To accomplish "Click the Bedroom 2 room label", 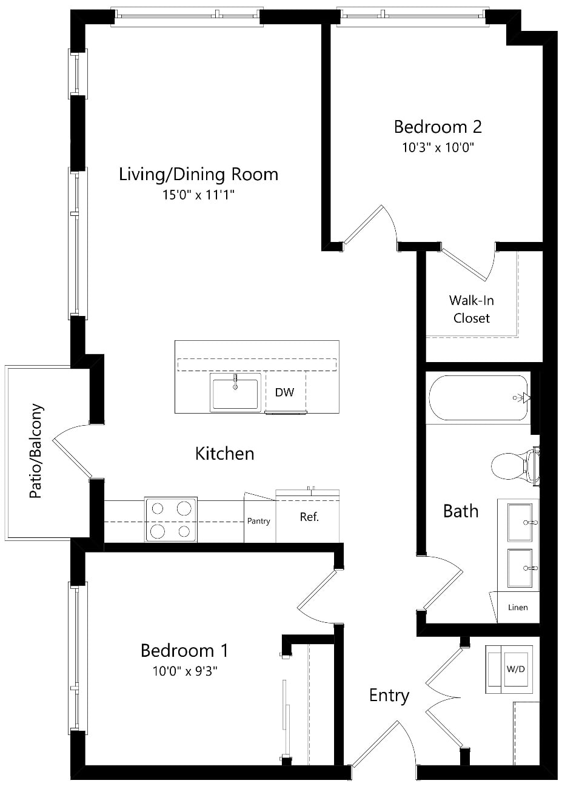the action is (x=438, y=127).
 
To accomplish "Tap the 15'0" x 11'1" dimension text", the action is (x=198, y=195).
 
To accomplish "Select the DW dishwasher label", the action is (x=284, y=392).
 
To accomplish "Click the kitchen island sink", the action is (x=235, y=392).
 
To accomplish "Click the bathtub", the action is (x=478, y=398).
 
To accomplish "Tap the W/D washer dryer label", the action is (x=515, y=669).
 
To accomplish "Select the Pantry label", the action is (x=258, y=521).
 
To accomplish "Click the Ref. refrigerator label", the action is (x=309, y=517).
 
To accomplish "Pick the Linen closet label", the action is (x=518, y=608).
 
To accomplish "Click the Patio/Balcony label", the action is (x=36, y=451).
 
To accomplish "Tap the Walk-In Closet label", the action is (x=471, y=309).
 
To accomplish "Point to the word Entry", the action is (x=389, y=695).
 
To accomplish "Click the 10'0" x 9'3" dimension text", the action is (x=185, y=671).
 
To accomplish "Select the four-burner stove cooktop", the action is (x=171, y=520).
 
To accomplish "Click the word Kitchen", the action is (x=224, y=454).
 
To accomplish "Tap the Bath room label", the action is (x=461, y=511).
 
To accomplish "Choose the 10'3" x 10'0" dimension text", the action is (x=438, y=148).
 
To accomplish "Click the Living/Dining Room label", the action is (x=199, y=175).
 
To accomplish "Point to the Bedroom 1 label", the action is (x=184, y=651).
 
